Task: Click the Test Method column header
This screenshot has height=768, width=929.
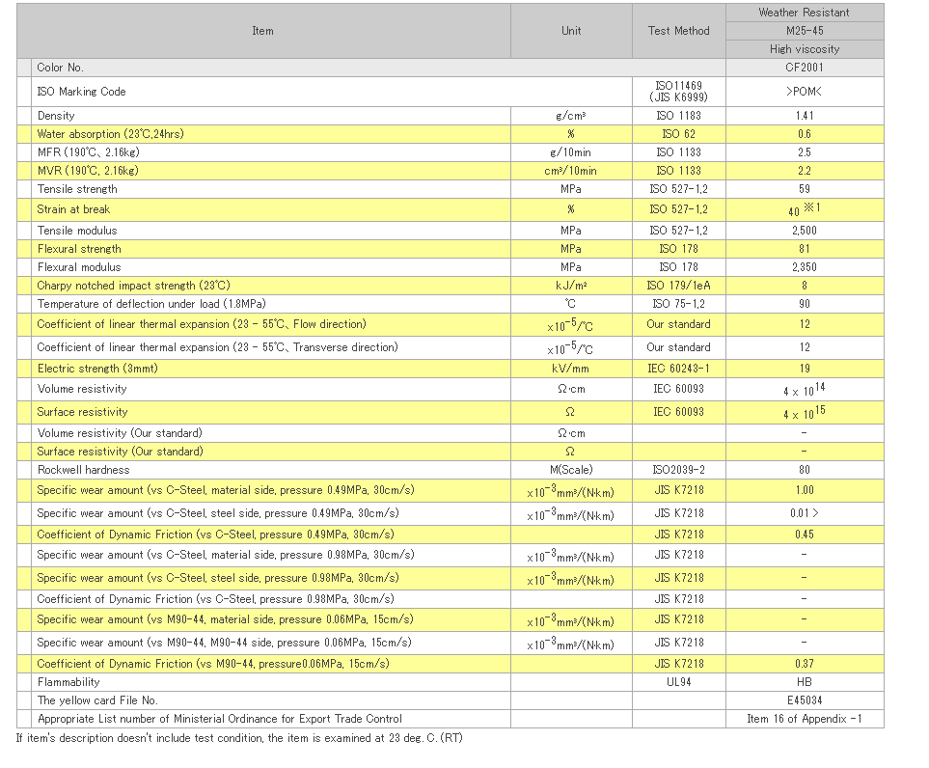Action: tap(678, 31)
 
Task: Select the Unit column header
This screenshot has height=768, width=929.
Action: tap(571, 31)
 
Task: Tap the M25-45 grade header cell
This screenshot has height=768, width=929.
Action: tap(805, 31)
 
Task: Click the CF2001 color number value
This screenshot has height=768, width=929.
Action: tap(805, 68)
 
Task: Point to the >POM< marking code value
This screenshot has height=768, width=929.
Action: tap(804, 92)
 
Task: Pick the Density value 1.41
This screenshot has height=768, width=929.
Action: tap(805, 116)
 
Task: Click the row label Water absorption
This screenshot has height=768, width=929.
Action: tap(110, 134)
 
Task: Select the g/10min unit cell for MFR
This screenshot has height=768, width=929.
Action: tap(570, 152)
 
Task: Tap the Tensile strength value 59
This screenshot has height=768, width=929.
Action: tap(804, 189)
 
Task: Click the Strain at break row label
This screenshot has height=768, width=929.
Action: tap(73, 209)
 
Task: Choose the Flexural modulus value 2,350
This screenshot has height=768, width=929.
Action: tap(804, 267)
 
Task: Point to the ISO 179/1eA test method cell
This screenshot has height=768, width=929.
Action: tap(678, 286)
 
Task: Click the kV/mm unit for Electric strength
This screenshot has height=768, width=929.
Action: tap(570, 369)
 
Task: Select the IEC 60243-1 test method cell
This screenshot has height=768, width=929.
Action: tap(678, 369)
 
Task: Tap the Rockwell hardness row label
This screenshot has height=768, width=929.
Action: tap(84, 470)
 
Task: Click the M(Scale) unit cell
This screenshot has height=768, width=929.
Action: tap(571, 470)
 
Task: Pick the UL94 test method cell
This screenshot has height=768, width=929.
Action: tap(678, 682)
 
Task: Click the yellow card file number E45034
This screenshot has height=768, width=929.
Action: tap(805, 700)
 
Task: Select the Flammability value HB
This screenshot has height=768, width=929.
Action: tap(804, 682)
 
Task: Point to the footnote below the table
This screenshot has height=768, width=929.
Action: tap(239, 738)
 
